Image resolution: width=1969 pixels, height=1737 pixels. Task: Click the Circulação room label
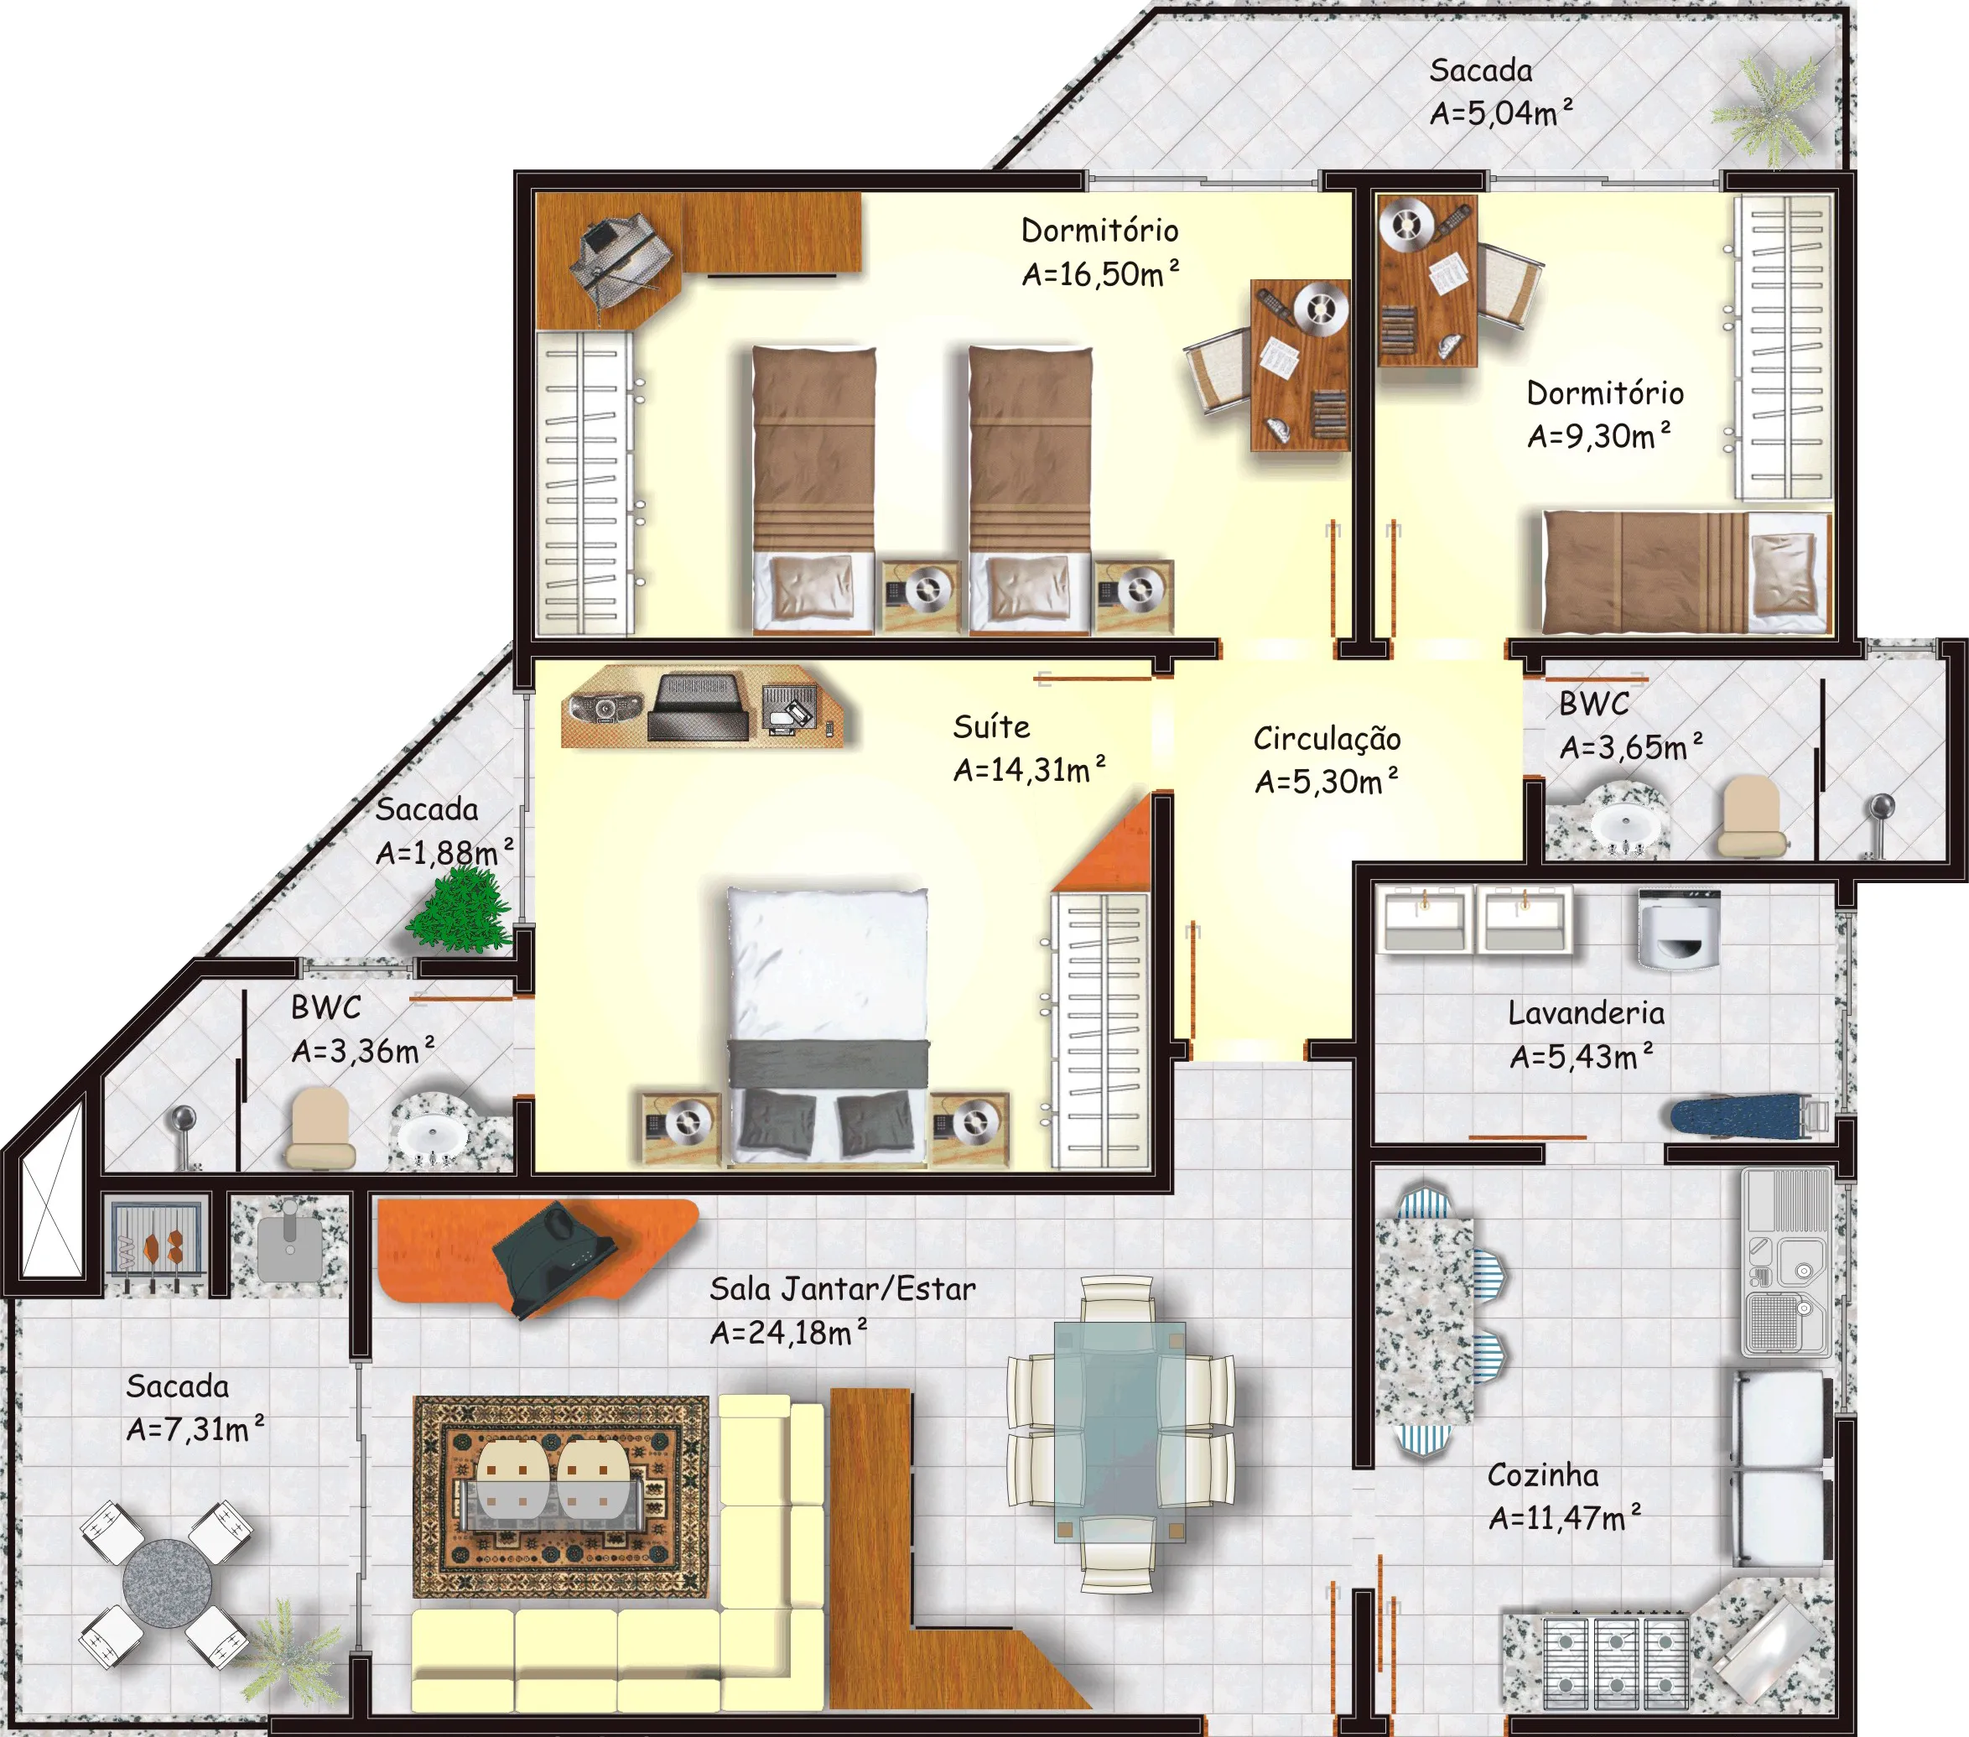click(1327, 739)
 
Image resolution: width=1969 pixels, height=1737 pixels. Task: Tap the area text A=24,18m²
click(789, 1333)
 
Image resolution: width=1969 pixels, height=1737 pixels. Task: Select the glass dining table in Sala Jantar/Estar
click(1120, 1432)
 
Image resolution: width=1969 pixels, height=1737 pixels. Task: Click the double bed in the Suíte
click(828, 1025)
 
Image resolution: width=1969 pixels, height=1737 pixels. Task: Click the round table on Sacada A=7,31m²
click(168, 1584)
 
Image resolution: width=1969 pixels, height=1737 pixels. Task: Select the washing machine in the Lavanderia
click(1678, 928)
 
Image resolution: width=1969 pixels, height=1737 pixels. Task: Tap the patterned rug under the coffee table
click(562, 1496)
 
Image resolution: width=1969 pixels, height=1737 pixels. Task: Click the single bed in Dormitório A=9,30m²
click(1686, 572)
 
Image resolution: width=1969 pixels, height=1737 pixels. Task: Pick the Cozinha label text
click(1542, 1475)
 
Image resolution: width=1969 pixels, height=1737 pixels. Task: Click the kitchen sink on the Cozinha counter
click(1788, 1262)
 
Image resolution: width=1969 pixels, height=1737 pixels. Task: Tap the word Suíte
click(991, 726)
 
